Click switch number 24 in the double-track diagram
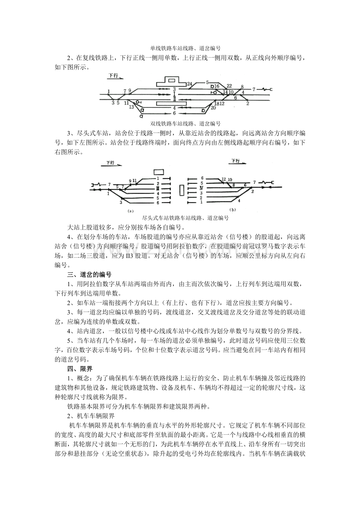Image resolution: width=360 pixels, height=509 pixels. tap(189, 84)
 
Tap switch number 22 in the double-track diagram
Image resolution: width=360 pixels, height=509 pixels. tap(229, 86)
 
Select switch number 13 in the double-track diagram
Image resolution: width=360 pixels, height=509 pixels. tap(131, 106)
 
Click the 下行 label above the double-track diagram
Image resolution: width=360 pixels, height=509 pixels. tap(113, 76)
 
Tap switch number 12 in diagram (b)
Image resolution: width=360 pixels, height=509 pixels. tap(224, 180)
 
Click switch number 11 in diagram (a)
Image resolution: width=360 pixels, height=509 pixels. tap(134, 180)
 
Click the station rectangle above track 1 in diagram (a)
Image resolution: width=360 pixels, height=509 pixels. tap(158, 172)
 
